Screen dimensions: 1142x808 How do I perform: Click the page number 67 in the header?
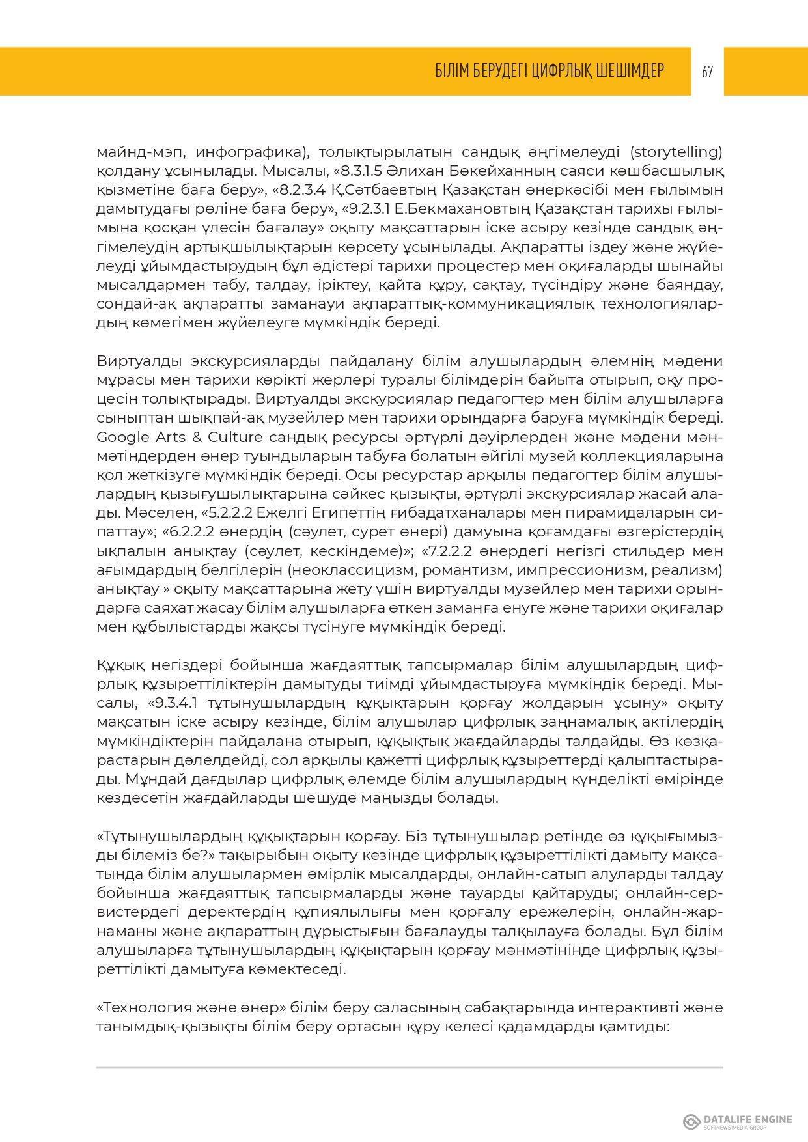(707, 72)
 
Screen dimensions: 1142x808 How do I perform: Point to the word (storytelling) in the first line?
(676, 152)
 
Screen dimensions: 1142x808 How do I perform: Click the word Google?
(122, 436)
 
